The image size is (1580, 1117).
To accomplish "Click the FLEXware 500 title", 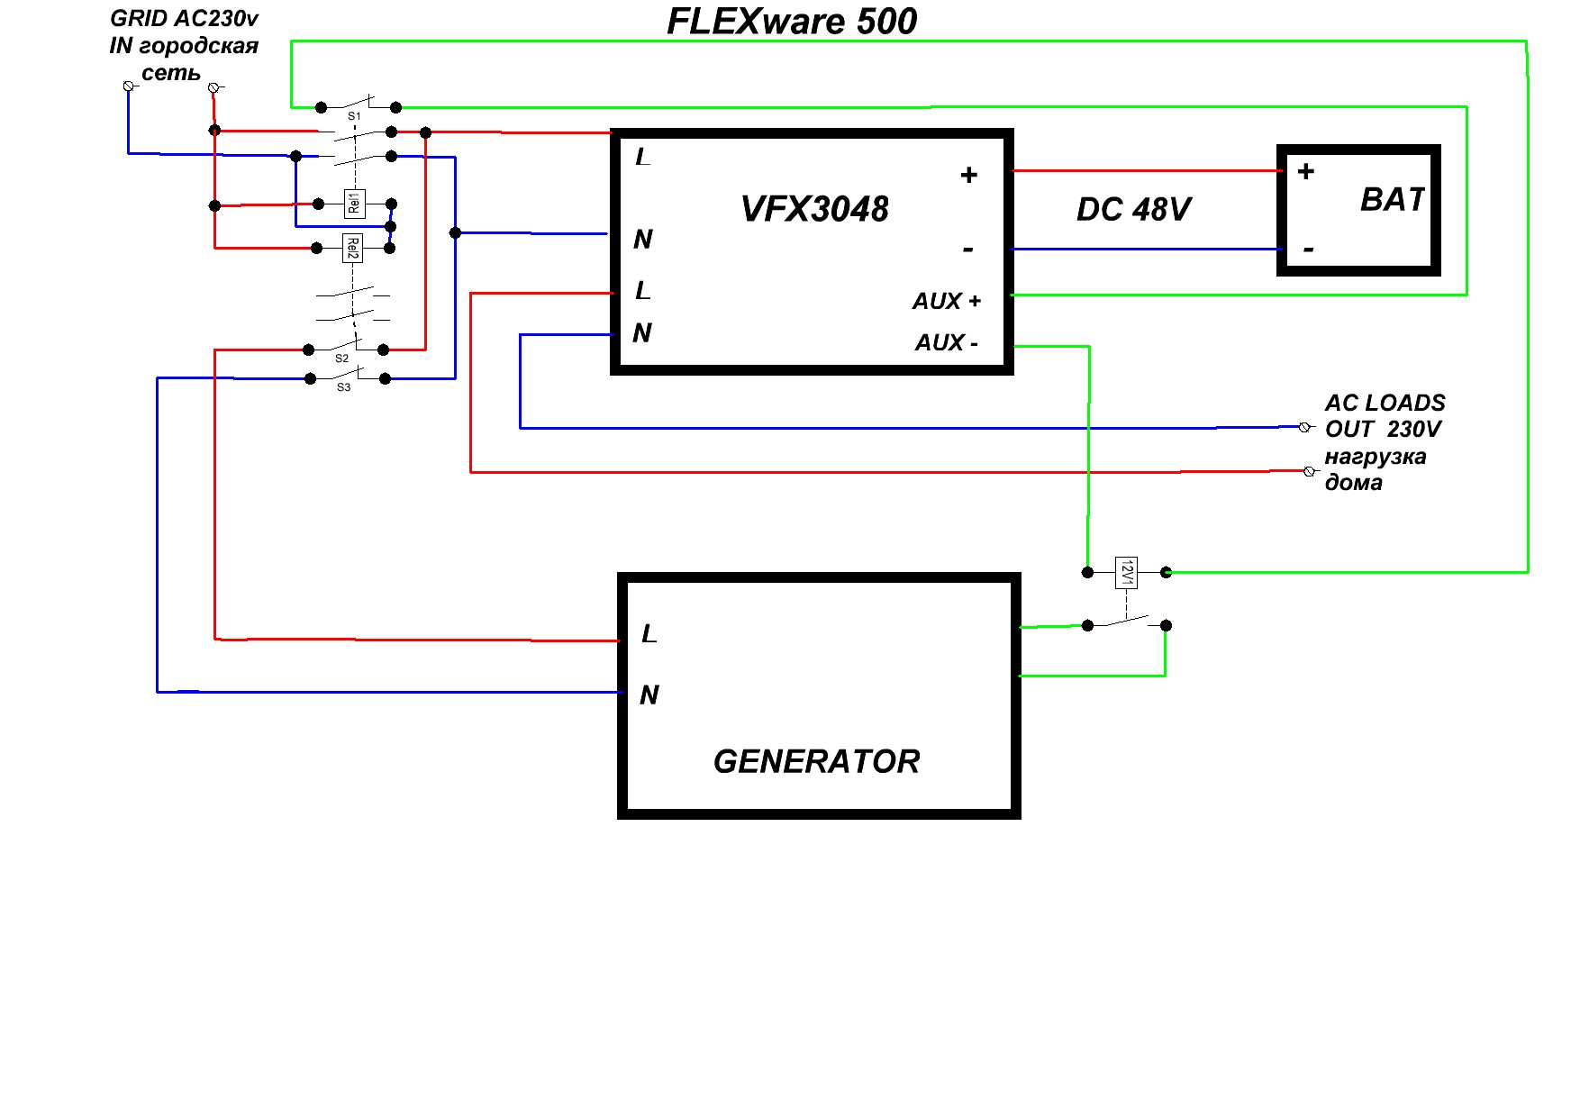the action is click(x=792, y=22).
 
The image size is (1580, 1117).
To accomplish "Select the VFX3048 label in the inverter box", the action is click(x=814, y=209).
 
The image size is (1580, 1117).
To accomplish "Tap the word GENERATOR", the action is click(x=816, y=762).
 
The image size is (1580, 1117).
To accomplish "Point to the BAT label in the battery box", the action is click(x=1392, y=199).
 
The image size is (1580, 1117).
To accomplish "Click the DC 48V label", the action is click(x=1133, y=210).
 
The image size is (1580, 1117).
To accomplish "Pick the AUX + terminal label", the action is click(x=946, y=302).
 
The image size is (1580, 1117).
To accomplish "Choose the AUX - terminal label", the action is click(x=946, y=343).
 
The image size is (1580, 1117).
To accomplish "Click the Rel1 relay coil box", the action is click(x=355, y=204).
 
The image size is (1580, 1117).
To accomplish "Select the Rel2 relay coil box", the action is click(x=353, y=248).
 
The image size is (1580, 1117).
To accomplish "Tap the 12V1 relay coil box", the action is click(x=1126, y=572).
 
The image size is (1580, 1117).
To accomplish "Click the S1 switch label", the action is click(x=354, y=117).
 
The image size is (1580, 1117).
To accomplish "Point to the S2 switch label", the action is click(x=341, y=359).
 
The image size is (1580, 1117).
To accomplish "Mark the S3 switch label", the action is click(x=343, y=387).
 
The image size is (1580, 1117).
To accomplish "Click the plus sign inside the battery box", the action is click(x=1305, y=171).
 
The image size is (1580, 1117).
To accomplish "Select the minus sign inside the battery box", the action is click(x=1308, y=250).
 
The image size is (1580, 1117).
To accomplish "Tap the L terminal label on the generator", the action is click(x=649, y=634).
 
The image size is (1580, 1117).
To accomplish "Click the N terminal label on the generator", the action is click(x=649, y=695).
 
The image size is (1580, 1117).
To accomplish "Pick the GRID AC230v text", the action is click(x=185, y=18).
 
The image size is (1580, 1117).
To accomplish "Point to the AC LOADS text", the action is click(x=1385, y=403).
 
